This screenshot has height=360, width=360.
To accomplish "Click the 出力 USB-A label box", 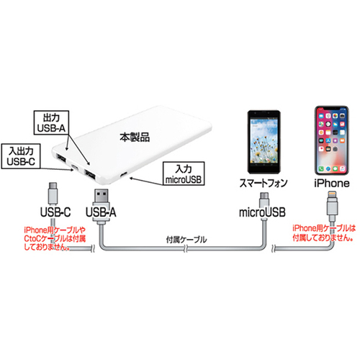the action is pyautogui.click(x=51, y=122).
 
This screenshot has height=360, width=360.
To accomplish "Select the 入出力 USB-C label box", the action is pyautogui.click(x=20, y=156).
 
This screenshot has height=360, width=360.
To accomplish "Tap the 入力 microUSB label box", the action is pyautogui.click(x=184, y=174).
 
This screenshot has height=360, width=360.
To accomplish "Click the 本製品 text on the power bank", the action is pyautogui.click(x=135, y=138).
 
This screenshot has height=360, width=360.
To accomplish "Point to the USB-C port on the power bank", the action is pyautogui.click(x=75, y=167).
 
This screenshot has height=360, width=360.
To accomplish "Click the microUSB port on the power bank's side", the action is pyautogui.click(x=124, y=174).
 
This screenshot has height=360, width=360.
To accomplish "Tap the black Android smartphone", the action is pyautogui.click(x=264, y=142).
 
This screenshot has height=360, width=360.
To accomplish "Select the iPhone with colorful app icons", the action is pyautogui.click(x=331, y=140).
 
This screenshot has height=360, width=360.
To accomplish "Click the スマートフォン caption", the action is pyautogui.click(x=264, y=184).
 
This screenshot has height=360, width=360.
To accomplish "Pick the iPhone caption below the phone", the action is pyautogui.click(x=332, y=184).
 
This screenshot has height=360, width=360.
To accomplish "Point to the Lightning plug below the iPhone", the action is pyautogui.click(x=333, y=204).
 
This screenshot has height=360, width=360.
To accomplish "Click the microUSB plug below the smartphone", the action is pyautogui.click(x=264, y=199).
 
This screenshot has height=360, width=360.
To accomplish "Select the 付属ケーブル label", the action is pyautogui.click(x=186, y=240).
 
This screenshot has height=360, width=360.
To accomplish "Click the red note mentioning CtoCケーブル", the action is pyautogui.click(x=55, y=238).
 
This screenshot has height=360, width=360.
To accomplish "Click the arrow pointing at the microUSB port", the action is pyautogui.click(x=146, y=181).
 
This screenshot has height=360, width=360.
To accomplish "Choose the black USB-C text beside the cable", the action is pyautogui.click(x=55, y=212).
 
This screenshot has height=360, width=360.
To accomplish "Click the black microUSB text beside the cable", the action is pyautogui.click(x=262, y=212).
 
